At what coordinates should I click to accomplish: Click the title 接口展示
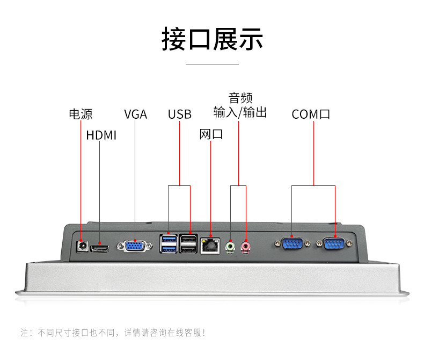pyautogui.click(x=212, y=40)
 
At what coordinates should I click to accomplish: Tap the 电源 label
pyautogui.click(x=81, y=114)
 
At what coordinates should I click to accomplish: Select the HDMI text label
pyautogui.click(x=101, y=135)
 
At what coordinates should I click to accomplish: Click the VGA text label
pyautogui.click(x=135, y=114)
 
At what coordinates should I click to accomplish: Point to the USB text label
pyautogui.click(x=179, y=114)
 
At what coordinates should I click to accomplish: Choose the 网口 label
pyautogui.click(x=211, y=134)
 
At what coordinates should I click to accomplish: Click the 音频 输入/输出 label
pyautogui.click(x=240, y=105)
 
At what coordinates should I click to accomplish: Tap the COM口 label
pyautogui.click(x=311, y=114)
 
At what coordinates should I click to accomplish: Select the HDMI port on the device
pyautogui.click(x=100, y=248)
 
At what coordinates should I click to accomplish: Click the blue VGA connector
pyautogui.click(x=134, y=246)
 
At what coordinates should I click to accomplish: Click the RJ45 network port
pyautogui.click(x=210, y=246)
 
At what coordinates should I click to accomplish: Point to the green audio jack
pyautogui.click(x=231, y=247)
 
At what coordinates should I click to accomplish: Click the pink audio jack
pyautogui.click(x=246, y=247)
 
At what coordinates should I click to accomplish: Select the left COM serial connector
pyautogui.click(x=291, y=244)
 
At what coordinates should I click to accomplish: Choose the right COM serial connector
pyautogui.click(x=335, y=244)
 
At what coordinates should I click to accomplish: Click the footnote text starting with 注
pyautogui.click(x=113, y=333)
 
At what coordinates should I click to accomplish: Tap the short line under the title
pyautogui.click(x=212, y=64)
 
